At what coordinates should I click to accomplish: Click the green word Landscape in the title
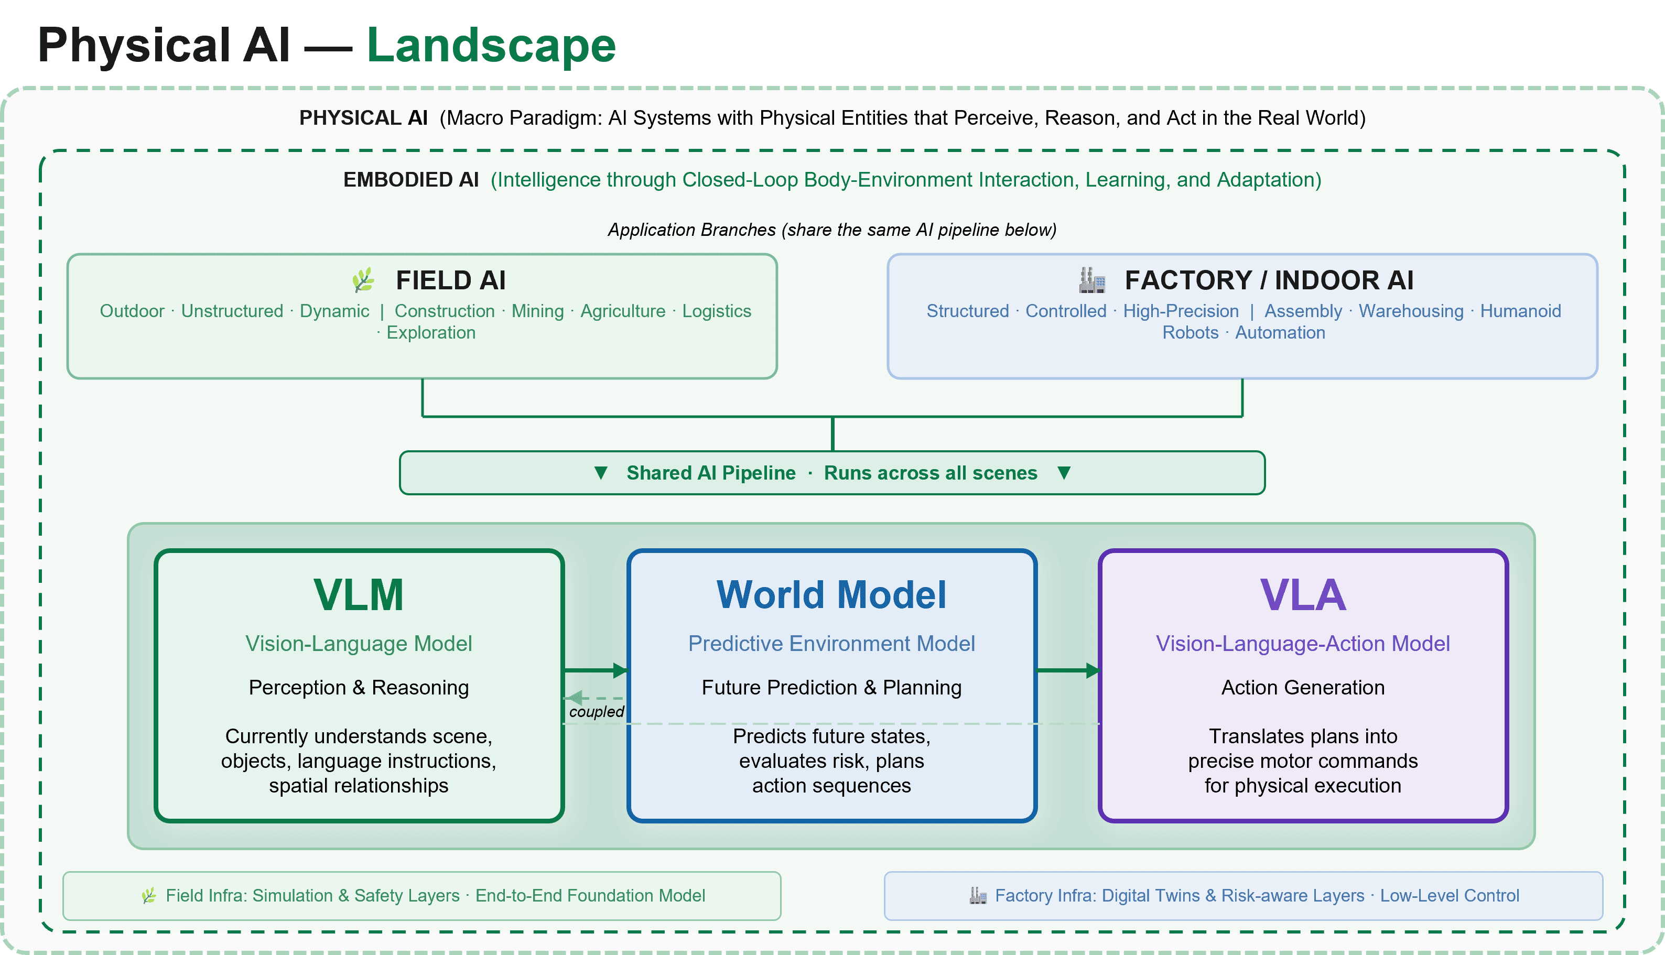[x=491, y=46]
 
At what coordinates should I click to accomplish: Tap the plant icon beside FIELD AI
[x=363, y=280]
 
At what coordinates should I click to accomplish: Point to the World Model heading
[x=831, y=595]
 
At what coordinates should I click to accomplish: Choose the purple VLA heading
[x=1303, y=595]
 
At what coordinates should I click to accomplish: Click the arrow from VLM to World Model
[x=596, y=670]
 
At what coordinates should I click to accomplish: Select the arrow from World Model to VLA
[x=1067, y=670]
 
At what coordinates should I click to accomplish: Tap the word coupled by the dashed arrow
[x=597, y=712]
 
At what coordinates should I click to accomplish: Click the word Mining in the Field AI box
[x=537, y=311]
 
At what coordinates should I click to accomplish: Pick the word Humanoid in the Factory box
[x=1520, y=311]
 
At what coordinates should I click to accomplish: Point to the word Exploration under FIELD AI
[x=431, y=332]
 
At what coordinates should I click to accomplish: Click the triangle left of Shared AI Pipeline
[x=600, y=473]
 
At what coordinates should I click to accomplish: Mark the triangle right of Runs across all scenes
[x=1064, y=473]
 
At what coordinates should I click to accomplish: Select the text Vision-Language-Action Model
[x=1303, y=644]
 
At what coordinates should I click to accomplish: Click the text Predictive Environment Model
[x=831, y=644]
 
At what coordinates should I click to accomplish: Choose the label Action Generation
[x=1303, y=687]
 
